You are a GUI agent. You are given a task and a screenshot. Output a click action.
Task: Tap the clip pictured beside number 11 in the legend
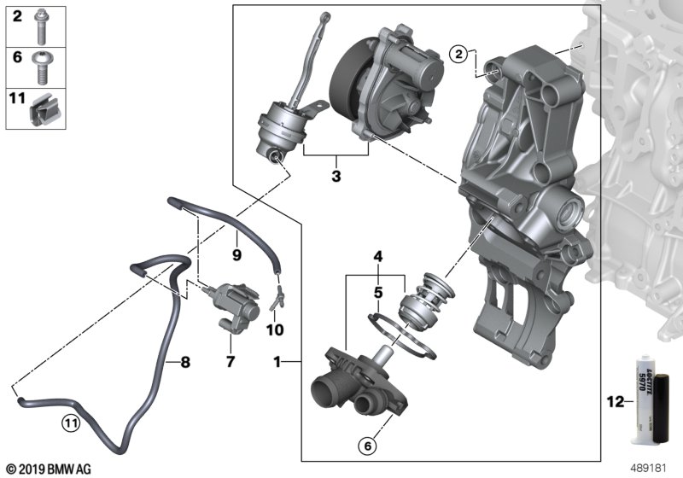42,108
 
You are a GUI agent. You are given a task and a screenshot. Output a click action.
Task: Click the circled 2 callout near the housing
458,55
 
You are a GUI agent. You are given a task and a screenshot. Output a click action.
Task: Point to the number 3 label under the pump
336,177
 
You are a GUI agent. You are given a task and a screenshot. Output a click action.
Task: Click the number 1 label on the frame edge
277,363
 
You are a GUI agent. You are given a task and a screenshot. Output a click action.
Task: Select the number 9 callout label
237,254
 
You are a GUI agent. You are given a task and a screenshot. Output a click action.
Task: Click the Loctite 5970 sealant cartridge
649,401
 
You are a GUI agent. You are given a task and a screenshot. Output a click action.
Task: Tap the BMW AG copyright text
47,469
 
